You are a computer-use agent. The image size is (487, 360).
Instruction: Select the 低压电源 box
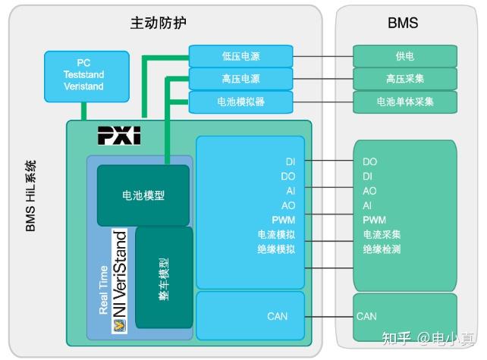coord(240,56)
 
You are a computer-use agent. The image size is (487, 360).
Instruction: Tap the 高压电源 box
coord(240,79)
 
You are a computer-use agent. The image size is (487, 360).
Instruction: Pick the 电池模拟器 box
coord(240,102)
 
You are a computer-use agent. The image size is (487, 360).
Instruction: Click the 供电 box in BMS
coord(404,56)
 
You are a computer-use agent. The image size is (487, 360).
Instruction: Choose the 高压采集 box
coord(404,79)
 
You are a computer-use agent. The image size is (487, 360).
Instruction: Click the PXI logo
coord(119,136)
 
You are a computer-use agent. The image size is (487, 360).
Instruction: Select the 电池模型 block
coord(143,196)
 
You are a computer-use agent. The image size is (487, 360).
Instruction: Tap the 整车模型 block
coord(164,277)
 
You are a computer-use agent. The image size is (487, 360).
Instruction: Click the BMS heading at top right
coord(403,23)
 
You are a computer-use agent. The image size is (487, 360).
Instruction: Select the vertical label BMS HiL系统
coord(31,196)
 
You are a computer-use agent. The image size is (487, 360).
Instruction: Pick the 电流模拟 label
coord(276,234)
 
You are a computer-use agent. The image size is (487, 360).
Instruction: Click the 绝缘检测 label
coord(382,249)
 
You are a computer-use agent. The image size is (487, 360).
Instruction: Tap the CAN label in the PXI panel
coord(277,316)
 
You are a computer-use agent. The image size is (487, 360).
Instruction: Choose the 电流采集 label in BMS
coord(382,234)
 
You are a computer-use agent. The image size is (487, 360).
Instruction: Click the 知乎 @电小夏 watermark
coord(428,338)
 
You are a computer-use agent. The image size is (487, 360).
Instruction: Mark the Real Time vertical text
coord(103,288)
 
